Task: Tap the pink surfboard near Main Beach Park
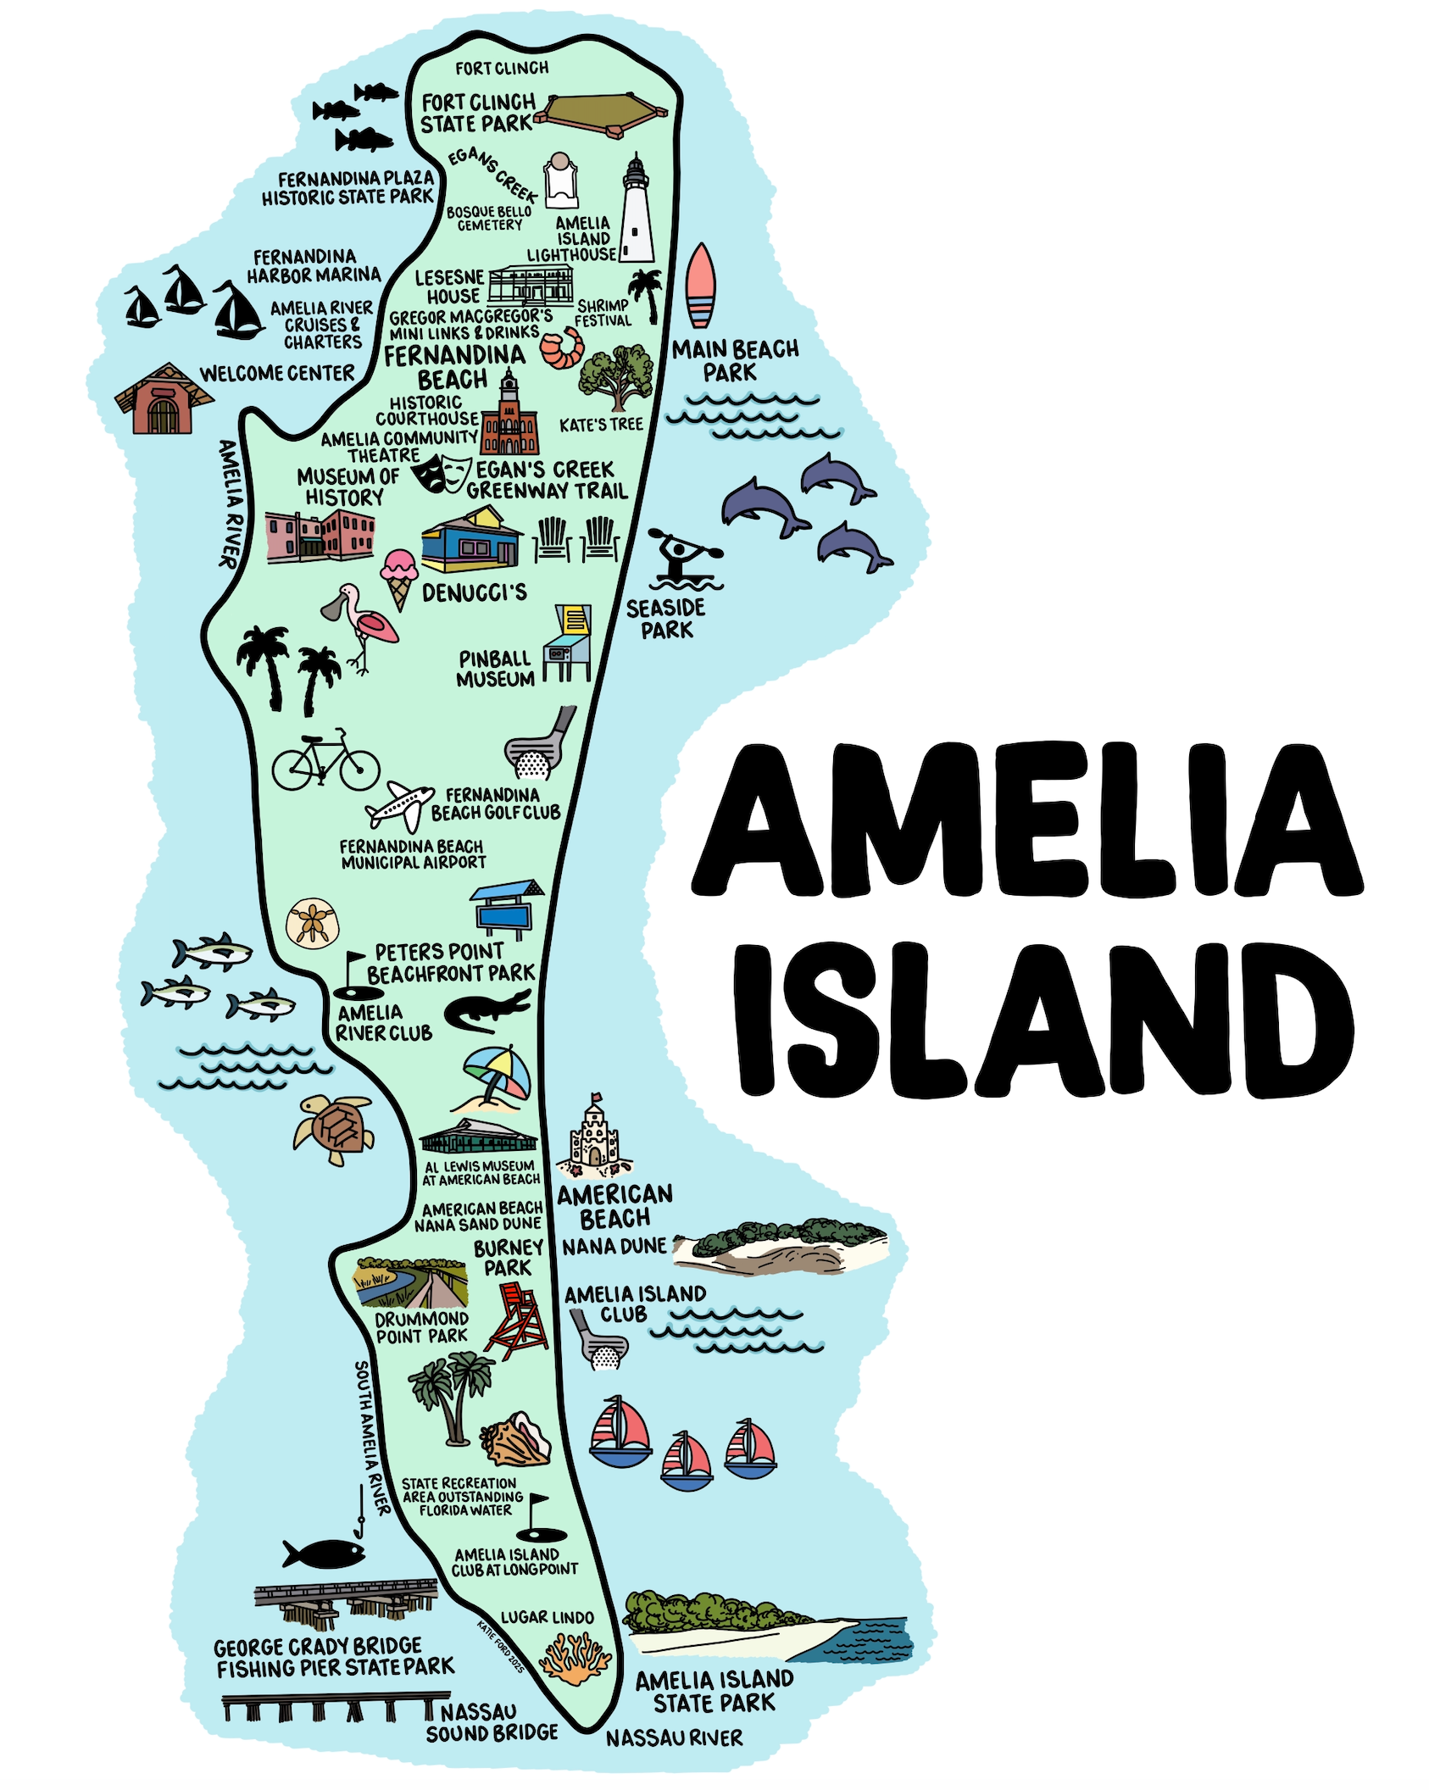700,285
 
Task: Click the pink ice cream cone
399,577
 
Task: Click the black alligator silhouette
487,1010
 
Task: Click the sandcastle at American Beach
595,1138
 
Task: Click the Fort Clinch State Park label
478,114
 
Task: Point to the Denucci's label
474,592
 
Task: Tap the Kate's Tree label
601,425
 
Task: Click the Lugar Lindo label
547,1617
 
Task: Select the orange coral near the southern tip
575,1659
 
